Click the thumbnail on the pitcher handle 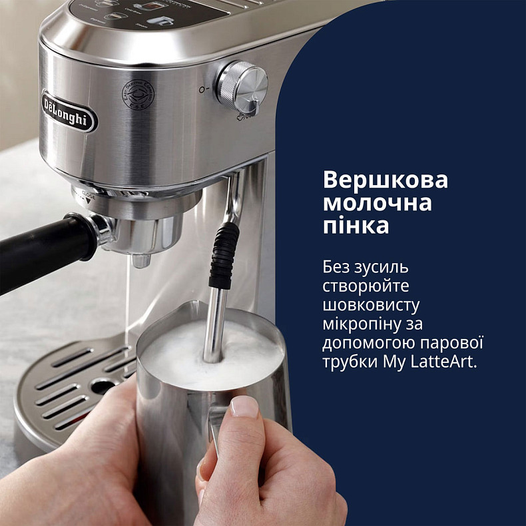pyautogui.click(x=244, y=406)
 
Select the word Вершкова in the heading pyautogui.click(x=386, y=181)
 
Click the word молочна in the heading pyautogui.click(x=377, y=203)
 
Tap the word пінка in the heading pyautogui.click(x=356, y=226)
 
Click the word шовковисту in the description pyautogui.click(x=371, y=306)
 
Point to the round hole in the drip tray pyautogui.click(x=103, y=385)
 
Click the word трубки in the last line pyautogui.click(x=348, y=363)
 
